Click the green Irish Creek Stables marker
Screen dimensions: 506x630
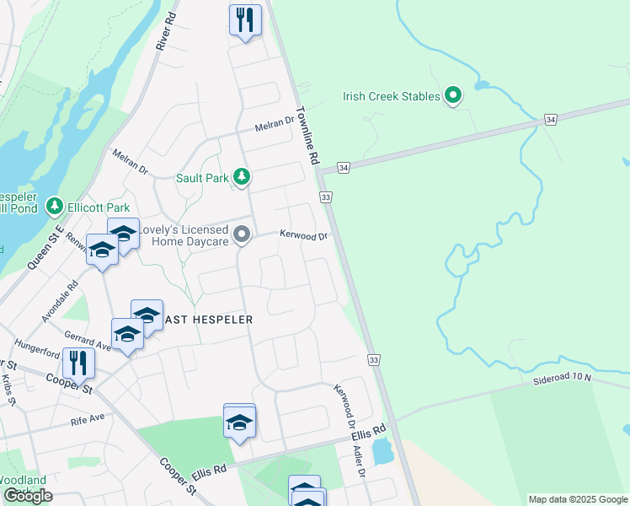coord(453,96)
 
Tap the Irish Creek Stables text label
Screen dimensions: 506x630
coord(392,97)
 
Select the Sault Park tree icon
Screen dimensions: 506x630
coord(243,177)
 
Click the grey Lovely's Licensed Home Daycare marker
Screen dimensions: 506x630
coord(242,234)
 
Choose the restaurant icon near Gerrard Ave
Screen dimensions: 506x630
coord(78,363)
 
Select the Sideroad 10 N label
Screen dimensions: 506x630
coord(563,379)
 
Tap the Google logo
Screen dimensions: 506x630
coord(28,496)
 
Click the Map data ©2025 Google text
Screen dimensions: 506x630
coord(577,499)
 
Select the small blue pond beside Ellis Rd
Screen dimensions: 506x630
coord(382,451)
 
